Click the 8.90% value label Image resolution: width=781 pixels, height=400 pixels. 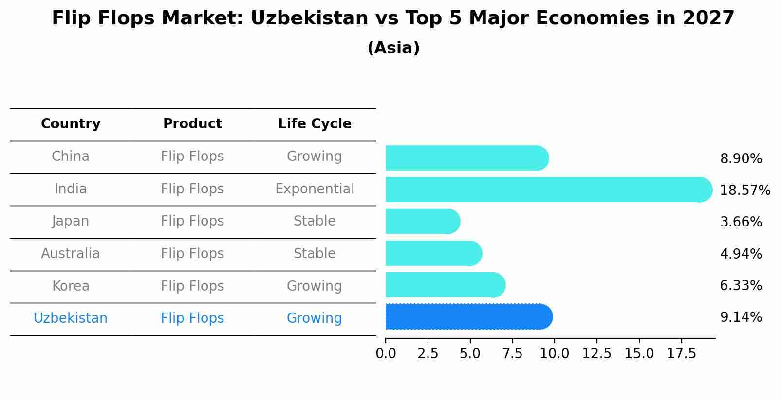pyautogui.click(x=741, y=159)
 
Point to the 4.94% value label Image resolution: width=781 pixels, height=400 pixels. pyautogui.click(x=741, y=254)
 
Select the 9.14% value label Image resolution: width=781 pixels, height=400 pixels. pyautogui.click(x=741, y=317)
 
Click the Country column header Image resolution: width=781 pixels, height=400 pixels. pyautogui.click(x=71, y=124)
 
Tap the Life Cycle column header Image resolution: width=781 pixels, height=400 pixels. pyautogui.click(x=315, y=124)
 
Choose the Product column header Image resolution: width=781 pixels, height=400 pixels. pyautogui.click(x=192, y=124)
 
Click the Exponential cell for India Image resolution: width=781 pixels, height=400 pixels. pyautogui.click(x=315, y=189)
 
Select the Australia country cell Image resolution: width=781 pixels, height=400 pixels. pyautogui.click(x=71, y=254)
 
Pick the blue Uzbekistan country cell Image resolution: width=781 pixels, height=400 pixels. pyautogui.click(x=71, y=318)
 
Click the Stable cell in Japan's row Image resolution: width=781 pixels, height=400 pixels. pyautogui.click(x=315, y=221)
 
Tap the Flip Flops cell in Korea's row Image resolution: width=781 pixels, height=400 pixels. pyautogui.click(x=192, y=286)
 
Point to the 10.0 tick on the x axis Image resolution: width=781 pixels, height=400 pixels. pyautogui.click(x=554, y=354)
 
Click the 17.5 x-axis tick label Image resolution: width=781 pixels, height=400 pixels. pyautogui.click(x=681, y=354)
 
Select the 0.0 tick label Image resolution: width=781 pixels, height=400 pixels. pyautogui.click(x=386, y=354)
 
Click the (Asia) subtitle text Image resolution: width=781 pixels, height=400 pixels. pyautogui.click(x=393, y=48)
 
